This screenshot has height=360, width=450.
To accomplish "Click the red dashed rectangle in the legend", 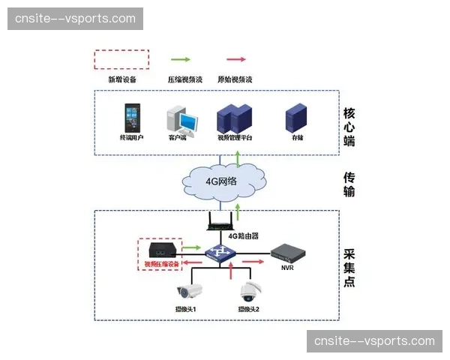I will (121, 60).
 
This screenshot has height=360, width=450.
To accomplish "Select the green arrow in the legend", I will (181, 58).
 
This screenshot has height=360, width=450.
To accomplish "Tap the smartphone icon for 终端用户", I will (131, 118).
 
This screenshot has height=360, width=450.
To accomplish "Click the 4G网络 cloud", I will (224, 181).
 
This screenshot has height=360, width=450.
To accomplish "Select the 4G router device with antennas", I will (223, 220).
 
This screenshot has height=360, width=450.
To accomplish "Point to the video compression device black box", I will (162, 249).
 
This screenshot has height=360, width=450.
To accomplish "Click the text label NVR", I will (287, 267).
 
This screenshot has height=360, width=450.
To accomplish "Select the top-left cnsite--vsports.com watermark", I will (75, 19).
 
